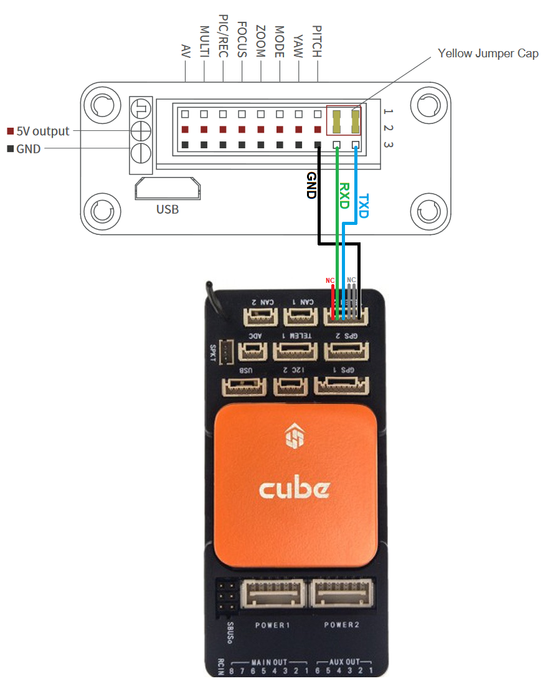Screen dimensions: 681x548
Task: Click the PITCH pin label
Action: pos(317,42)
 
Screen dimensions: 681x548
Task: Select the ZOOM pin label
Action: pos(261,42)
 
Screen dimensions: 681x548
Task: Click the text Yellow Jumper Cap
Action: pos(488,53)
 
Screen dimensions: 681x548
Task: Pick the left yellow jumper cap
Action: pos(337,121)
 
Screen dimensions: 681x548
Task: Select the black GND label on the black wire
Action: pos(311,185)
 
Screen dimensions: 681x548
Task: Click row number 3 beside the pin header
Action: pos(388,145)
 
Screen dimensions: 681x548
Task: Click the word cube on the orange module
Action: pos(294,488)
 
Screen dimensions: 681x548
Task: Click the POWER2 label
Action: pos(341,624)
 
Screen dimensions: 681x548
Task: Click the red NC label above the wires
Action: pos(331,280)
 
